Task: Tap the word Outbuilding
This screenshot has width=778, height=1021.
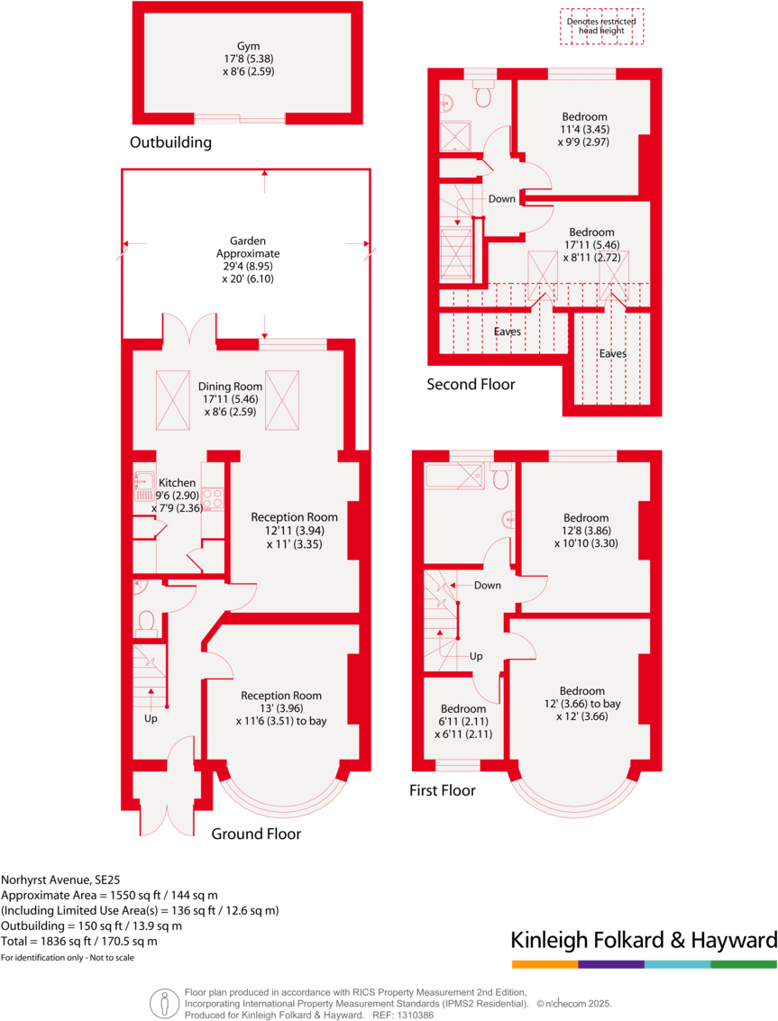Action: coord(170,142)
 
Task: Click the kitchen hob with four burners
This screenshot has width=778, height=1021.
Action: coord(213,498)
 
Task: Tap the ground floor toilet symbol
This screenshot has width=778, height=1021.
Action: coord(146,621)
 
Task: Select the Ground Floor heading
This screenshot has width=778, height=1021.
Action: coord(256,834)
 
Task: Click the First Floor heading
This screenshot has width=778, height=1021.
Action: coord(442,790)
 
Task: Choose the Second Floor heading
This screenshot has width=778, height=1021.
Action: coord(471,385)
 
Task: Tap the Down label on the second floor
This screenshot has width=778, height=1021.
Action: coord(501,199)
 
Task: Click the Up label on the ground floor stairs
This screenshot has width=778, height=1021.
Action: coord(151,719)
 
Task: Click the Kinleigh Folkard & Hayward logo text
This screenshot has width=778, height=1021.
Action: coord(644,941)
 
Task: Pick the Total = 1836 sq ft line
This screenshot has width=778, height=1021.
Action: coord(79,941)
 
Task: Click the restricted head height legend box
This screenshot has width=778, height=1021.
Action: coord(599,26)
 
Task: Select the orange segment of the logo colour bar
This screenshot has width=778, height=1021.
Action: coord(545,964)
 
